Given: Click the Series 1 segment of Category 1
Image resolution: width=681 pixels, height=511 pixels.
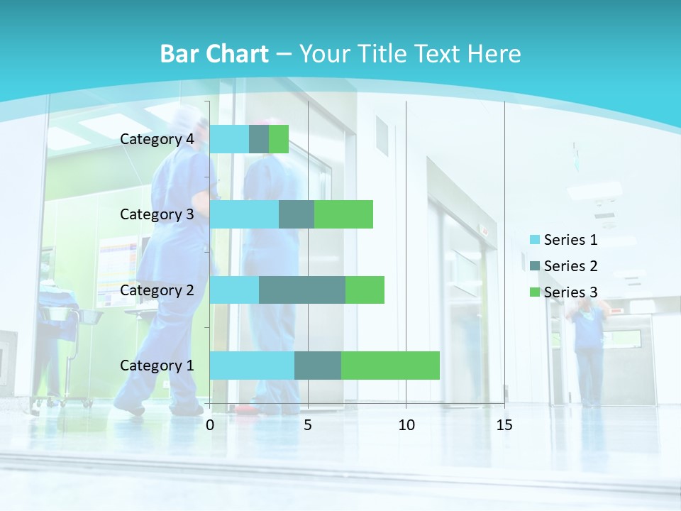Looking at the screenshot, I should pos(252,365).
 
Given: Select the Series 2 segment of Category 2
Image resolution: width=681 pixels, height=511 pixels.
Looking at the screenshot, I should pos(302,290).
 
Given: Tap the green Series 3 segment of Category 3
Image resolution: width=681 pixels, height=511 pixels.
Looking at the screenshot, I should pos(343,214).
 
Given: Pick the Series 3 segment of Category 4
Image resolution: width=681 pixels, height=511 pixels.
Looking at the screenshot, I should pos(279,139).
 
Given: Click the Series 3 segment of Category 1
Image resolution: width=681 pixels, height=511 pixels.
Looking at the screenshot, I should pos(390,365).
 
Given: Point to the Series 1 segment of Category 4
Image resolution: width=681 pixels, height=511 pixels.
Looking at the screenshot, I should pos(229,139).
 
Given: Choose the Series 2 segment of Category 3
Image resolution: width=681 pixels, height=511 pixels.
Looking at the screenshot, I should pos(297,214).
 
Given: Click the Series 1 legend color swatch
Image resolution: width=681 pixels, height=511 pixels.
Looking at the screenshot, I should pos(535,240).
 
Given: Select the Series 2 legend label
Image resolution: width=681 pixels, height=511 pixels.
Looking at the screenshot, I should pos(570,266).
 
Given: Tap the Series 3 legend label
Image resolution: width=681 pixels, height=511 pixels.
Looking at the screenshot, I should pos(570,292).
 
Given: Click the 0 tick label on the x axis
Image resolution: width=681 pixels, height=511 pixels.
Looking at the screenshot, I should pos(210,425).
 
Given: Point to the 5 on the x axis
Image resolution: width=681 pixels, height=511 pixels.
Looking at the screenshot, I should pos(308,425).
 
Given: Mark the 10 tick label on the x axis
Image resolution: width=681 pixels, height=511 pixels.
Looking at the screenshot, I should pos(406,425).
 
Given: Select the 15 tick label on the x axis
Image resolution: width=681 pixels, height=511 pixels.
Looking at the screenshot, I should pos(504,425).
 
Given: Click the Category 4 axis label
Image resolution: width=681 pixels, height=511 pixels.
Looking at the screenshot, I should pos(157,139).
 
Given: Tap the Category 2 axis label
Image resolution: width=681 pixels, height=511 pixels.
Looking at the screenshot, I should pos(157,290).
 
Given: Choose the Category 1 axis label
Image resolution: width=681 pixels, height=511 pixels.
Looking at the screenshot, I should pos(157,366).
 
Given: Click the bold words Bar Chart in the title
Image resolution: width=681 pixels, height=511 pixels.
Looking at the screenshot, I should pos(214,54).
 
